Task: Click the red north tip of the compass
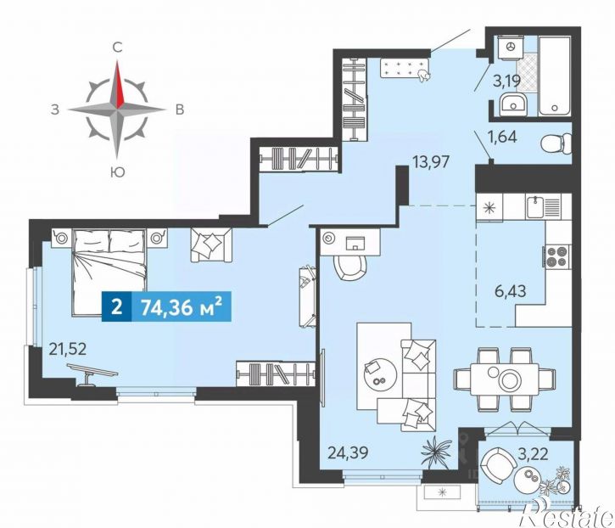tap(117, 61)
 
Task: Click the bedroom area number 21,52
tap(67, 349)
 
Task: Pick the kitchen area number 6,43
tap(511, 291)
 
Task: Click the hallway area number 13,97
tap(430, 161)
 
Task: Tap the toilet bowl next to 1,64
tap(556, 143)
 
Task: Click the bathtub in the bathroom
tap(554, 76)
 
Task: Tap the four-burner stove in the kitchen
tap(557, 256)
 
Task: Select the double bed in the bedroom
tap(109, 272)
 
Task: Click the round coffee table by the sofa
tap(380, 374)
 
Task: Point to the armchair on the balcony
tap(498, 464)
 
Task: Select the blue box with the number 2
tap(116, 306)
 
